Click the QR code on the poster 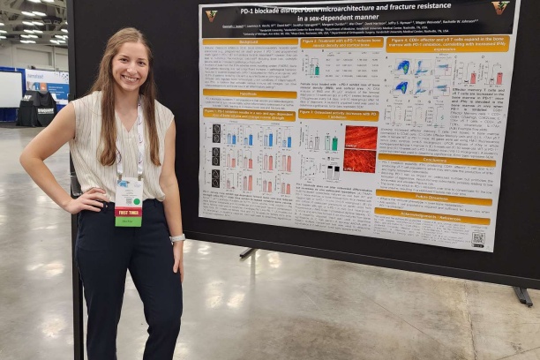pos(477,237)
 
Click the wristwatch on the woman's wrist pos(177,238)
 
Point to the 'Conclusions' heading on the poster pos(436,160)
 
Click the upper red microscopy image pos(360,137)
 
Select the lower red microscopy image pos(359,161)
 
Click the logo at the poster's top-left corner pos(211,14)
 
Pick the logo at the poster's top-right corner pos(500,8)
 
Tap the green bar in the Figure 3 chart pos(334,143)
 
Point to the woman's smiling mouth pos(129,77)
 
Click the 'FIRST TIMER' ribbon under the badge pos(128,214)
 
